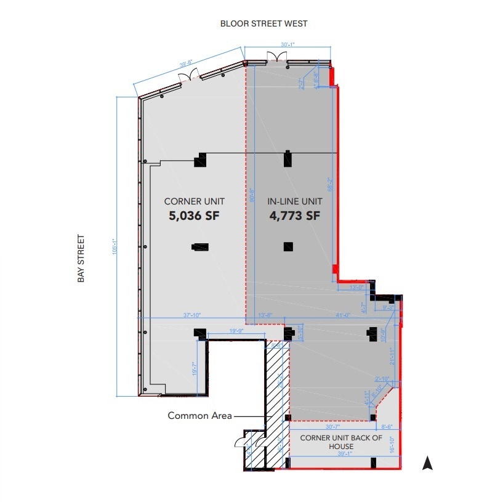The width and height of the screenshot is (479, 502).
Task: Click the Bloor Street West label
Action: pyautogui.click(x=264, y=23)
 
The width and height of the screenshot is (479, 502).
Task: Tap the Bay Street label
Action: pyautogui.click(x=81, y=258)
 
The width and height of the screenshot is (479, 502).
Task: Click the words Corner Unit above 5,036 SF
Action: pyautogui.click(x=194, y=201)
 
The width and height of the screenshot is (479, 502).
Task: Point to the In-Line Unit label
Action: pyautogui.click(x=294, y=201)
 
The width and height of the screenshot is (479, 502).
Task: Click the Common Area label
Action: pyautogui.click(x=199, y=416)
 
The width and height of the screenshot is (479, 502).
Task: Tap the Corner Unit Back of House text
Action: pyautogui.click(x=340, y=442)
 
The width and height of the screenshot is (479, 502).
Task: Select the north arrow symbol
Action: pyautogui.click(x=427, y=463)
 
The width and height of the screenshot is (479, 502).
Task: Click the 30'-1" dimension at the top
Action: pyautogui.click(x=288, y=44)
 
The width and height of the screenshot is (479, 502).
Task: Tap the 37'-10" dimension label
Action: pyautogui.click(x=193, y=315)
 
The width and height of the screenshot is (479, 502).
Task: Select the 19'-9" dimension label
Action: pyautogui.click(x=237, y=331)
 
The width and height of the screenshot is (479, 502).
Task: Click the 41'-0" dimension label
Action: pyautogui.click(x=342, y=315)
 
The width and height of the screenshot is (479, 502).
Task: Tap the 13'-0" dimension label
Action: pyautogui.click(x=356, y=287)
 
